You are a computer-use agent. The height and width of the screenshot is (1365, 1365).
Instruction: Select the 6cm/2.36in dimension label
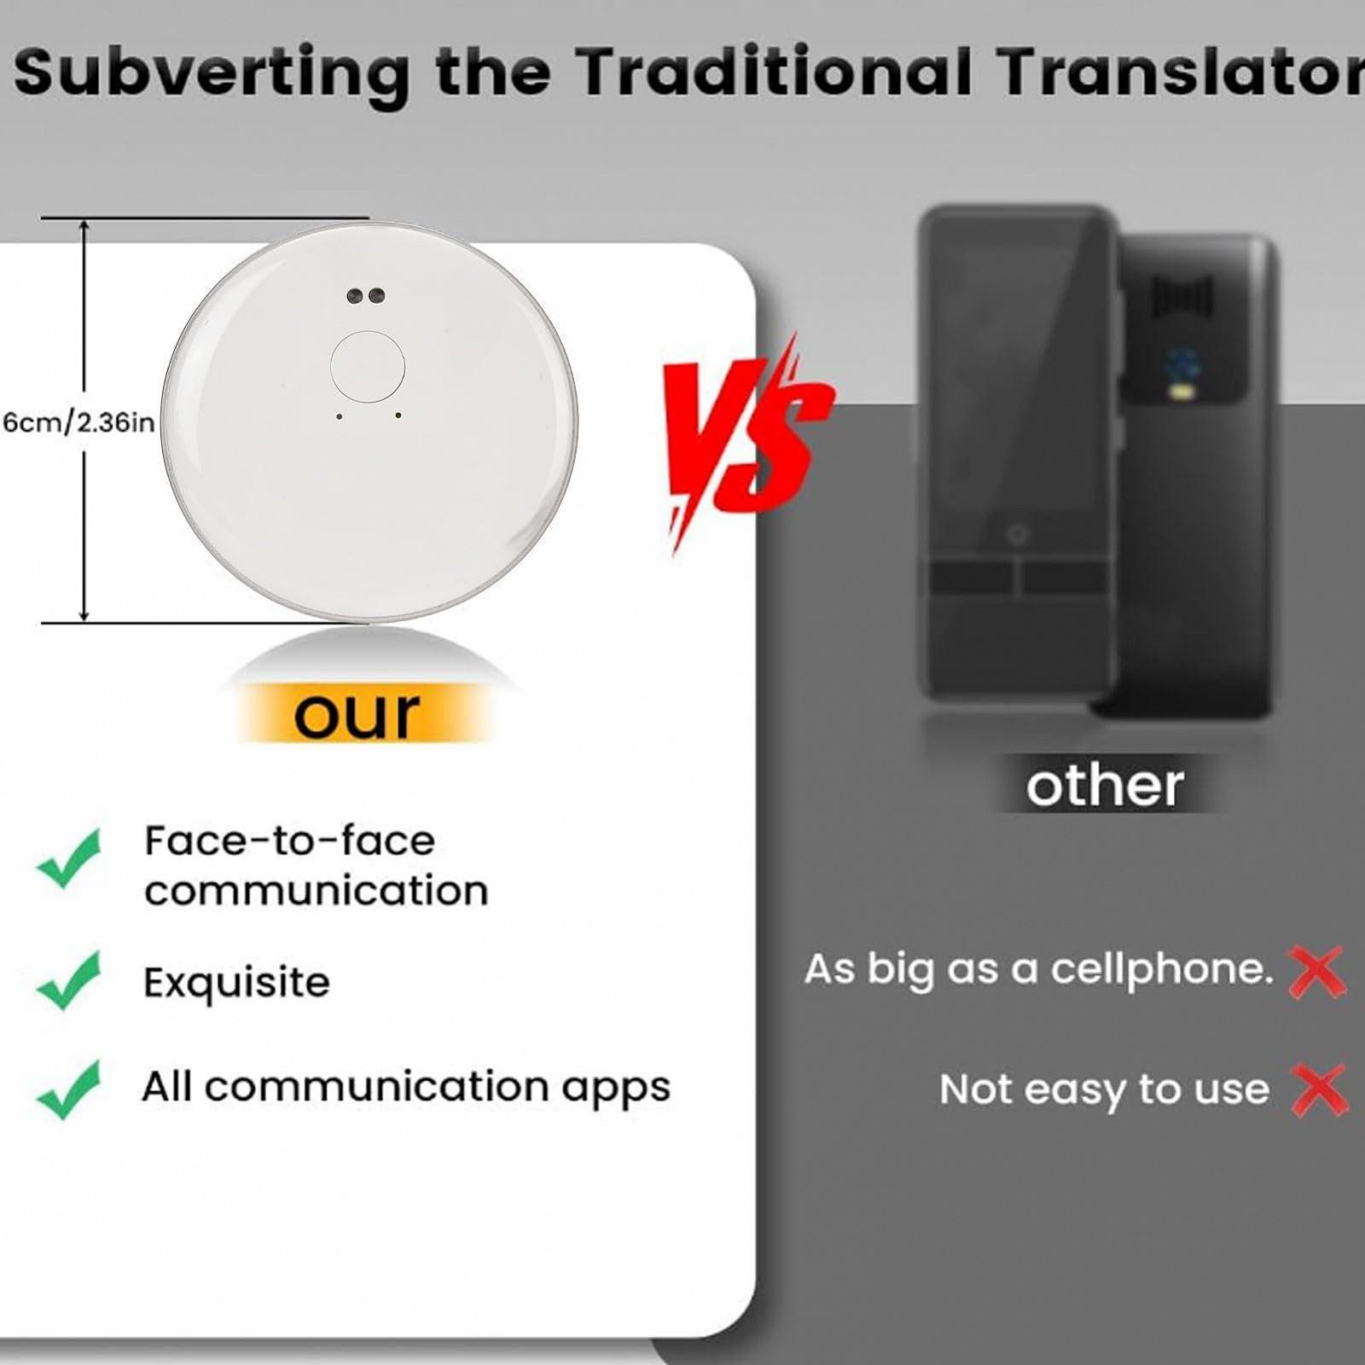[78, 422]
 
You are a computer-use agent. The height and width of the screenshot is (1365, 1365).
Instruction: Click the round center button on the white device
[368, 367]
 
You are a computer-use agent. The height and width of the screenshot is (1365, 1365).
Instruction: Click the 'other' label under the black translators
[1105, 785]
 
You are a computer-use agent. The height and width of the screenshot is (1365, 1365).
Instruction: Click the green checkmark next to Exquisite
[69, 980]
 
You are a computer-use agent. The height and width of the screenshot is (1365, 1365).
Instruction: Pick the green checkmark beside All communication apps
[69, 1089]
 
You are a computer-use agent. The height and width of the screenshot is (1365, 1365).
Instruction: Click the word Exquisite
[236, 983]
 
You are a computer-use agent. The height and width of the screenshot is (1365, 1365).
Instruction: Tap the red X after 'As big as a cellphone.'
[1317, 972]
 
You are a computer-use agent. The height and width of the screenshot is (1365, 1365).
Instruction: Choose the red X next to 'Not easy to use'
[1319, 1089]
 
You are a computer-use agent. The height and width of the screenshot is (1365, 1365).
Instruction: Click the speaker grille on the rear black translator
[1182, 295]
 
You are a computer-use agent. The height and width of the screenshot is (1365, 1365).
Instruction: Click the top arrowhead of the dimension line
[84, 227]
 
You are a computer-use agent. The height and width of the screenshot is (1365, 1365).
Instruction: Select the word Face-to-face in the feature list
[289, 841]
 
